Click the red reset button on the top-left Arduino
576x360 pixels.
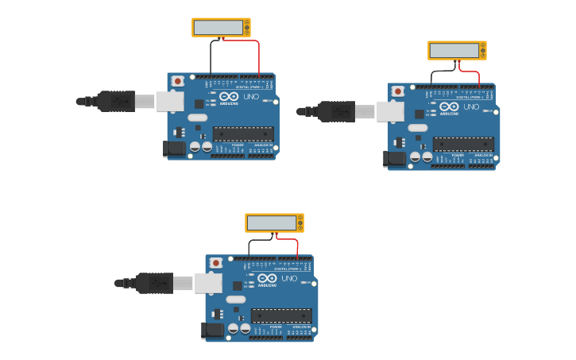178,81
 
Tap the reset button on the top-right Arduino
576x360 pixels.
398,91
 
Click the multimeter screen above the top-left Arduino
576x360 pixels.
218,27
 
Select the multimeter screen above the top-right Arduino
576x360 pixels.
454,50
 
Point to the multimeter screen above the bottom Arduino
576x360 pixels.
271,223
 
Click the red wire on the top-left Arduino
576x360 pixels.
259,56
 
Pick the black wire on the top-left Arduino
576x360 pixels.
211,57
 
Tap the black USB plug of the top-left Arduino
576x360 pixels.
116,101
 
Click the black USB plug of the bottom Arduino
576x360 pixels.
154,283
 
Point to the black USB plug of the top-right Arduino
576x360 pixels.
336,111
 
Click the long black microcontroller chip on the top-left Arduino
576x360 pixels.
243,134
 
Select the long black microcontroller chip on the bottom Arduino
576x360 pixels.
281,315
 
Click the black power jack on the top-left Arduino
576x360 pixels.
174,149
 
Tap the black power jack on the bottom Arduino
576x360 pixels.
212,330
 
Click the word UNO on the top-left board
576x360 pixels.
251,97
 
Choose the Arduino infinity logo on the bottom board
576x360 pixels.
267,278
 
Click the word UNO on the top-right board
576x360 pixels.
471,107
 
